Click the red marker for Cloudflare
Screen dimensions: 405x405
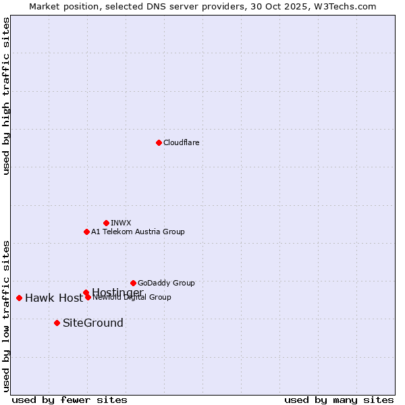point(159,142)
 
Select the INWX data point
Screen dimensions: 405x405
point(106,223)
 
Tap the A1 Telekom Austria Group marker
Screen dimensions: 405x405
point(86,232)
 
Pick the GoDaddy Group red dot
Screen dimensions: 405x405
point(133,283)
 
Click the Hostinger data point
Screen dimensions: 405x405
point(86,292)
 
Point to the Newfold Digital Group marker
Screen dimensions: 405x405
point(88,297)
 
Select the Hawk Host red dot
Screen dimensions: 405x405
point(19,298)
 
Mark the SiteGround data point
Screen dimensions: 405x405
point(57,323)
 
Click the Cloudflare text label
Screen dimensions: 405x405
point(181,142)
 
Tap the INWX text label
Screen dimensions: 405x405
point(121,223)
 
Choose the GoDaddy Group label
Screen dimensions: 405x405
point(166,283)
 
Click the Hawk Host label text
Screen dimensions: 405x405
point(54,298)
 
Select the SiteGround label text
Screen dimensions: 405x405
point(93,323)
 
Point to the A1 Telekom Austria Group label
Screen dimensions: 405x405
point(138,232)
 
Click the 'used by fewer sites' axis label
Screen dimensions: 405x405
point(70,400)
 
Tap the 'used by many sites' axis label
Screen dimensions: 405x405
point(339,400)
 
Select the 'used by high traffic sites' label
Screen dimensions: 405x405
point(6,96)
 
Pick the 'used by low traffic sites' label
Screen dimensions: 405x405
point(6,315)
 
